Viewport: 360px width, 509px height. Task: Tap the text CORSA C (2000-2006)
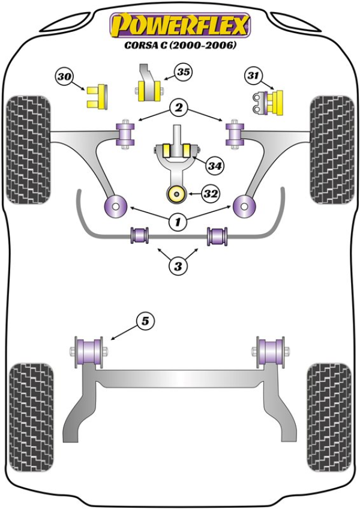point(179,46)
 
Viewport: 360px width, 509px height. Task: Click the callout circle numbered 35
point(183,73)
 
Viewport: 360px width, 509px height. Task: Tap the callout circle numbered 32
point(210,194)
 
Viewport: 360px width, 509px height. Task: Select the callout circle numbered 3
point(178,265)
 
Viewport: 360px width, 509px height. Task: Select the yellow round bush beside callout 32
point(177,194)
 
